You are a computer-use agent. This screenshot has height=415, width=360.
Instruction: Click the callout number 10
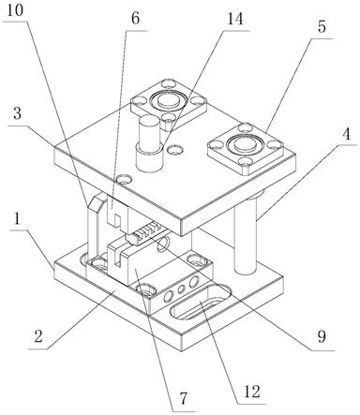coord(15,11)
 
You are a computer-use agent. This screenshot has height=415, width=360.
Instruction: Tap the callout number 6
coord(135,19)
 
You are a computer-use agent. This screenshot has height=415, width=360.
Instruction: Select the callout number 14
coord(234,19)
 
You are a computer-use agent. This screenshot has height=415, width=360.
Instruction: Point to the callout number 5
coord(322,27)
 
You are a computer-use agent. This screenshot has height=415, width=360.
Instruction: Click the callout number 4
coord(346,134)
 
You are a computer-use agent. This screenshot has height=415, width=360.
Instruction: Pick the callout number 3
coord(17,113)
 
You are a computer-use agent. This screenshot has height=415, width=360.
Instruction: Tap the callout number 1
coord(17,219)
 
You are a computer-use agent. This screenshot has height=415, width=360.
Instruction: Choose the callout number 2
coord(38,337)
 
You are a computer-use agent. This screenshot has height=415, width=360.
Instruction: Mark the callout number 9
coord(322,336)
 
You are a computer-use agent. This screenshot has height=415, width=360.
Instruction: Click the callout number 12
coord(252,392)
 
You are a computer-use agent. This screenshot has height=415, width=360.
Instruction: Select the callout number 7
coord(183,398)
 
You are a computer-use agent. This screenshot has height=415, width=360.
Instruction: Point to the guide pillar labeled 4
coord(246,233)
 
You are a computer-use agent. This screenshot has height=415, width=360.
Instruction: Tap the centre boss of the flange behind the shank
coord(169,100)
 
